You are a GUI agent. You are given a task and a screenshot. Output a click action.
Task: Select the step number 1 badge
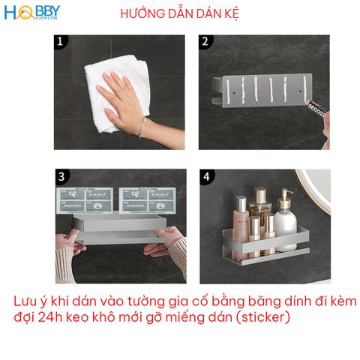click(60, 43)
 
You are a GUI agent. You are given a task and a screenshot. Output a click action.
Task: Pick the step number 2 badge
click(205, 43)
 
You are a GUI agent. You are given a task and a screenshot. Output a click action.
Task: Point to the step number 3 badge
click(60, 177)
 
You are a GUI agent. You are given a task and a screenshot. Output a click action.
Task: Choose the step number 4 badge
click(205, 177)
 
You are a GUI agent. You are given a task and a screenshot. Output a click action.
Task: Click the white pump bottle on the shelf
click(286, 223)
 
